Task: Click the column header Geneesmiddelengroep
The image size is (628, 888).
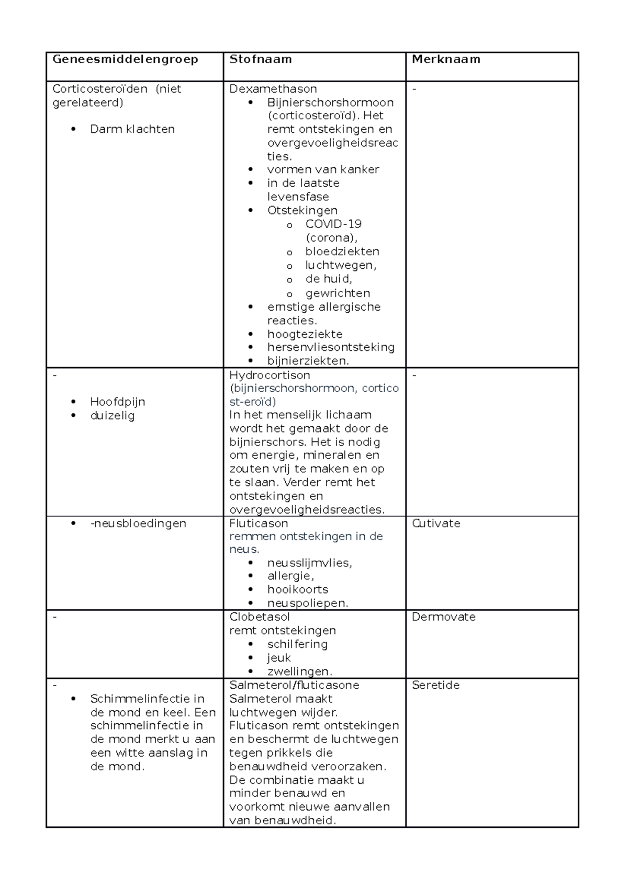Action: point(125,59)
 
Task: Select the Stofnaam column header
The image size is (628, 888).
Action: point(261,59)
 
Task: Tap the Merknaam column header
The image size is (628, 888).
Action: point(446,59)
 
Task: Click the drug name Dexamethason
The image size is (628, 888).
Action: point(273,89)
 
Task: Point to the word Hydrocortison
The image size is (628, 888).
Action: point(270,375)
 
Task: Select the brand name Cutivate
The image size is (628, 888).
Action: point(436,523)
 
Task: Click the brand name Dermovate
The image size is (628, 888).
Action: point(443,617)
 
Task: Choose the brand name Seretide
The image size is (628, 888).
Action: point(435,685)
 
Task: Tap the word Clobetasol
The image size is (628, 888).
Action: point(260,617)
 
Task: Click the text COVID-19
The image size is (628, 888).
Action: point(333,224)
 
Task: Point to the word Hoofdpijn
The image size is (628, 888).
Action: point(118,402)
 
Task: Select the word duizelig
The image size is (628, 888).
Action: point(113,416)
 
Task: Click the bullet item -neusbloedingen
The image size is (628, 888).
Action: point(138,523)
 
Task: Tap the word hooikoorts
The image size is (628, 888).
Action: point(298,589)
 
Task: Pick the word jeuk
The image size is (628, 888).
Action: point(279,658)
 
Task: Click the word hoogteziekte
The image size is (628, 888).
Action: point(305,334)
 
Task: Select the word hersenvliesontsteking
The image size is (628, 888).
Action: point(331,347)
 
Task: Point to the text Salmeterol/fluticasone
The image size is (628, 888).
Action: point(294,685)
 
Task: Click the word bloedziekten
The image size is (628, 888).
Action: point(342,252)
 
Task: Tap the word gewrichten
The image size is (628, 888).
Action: point(338,293)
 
